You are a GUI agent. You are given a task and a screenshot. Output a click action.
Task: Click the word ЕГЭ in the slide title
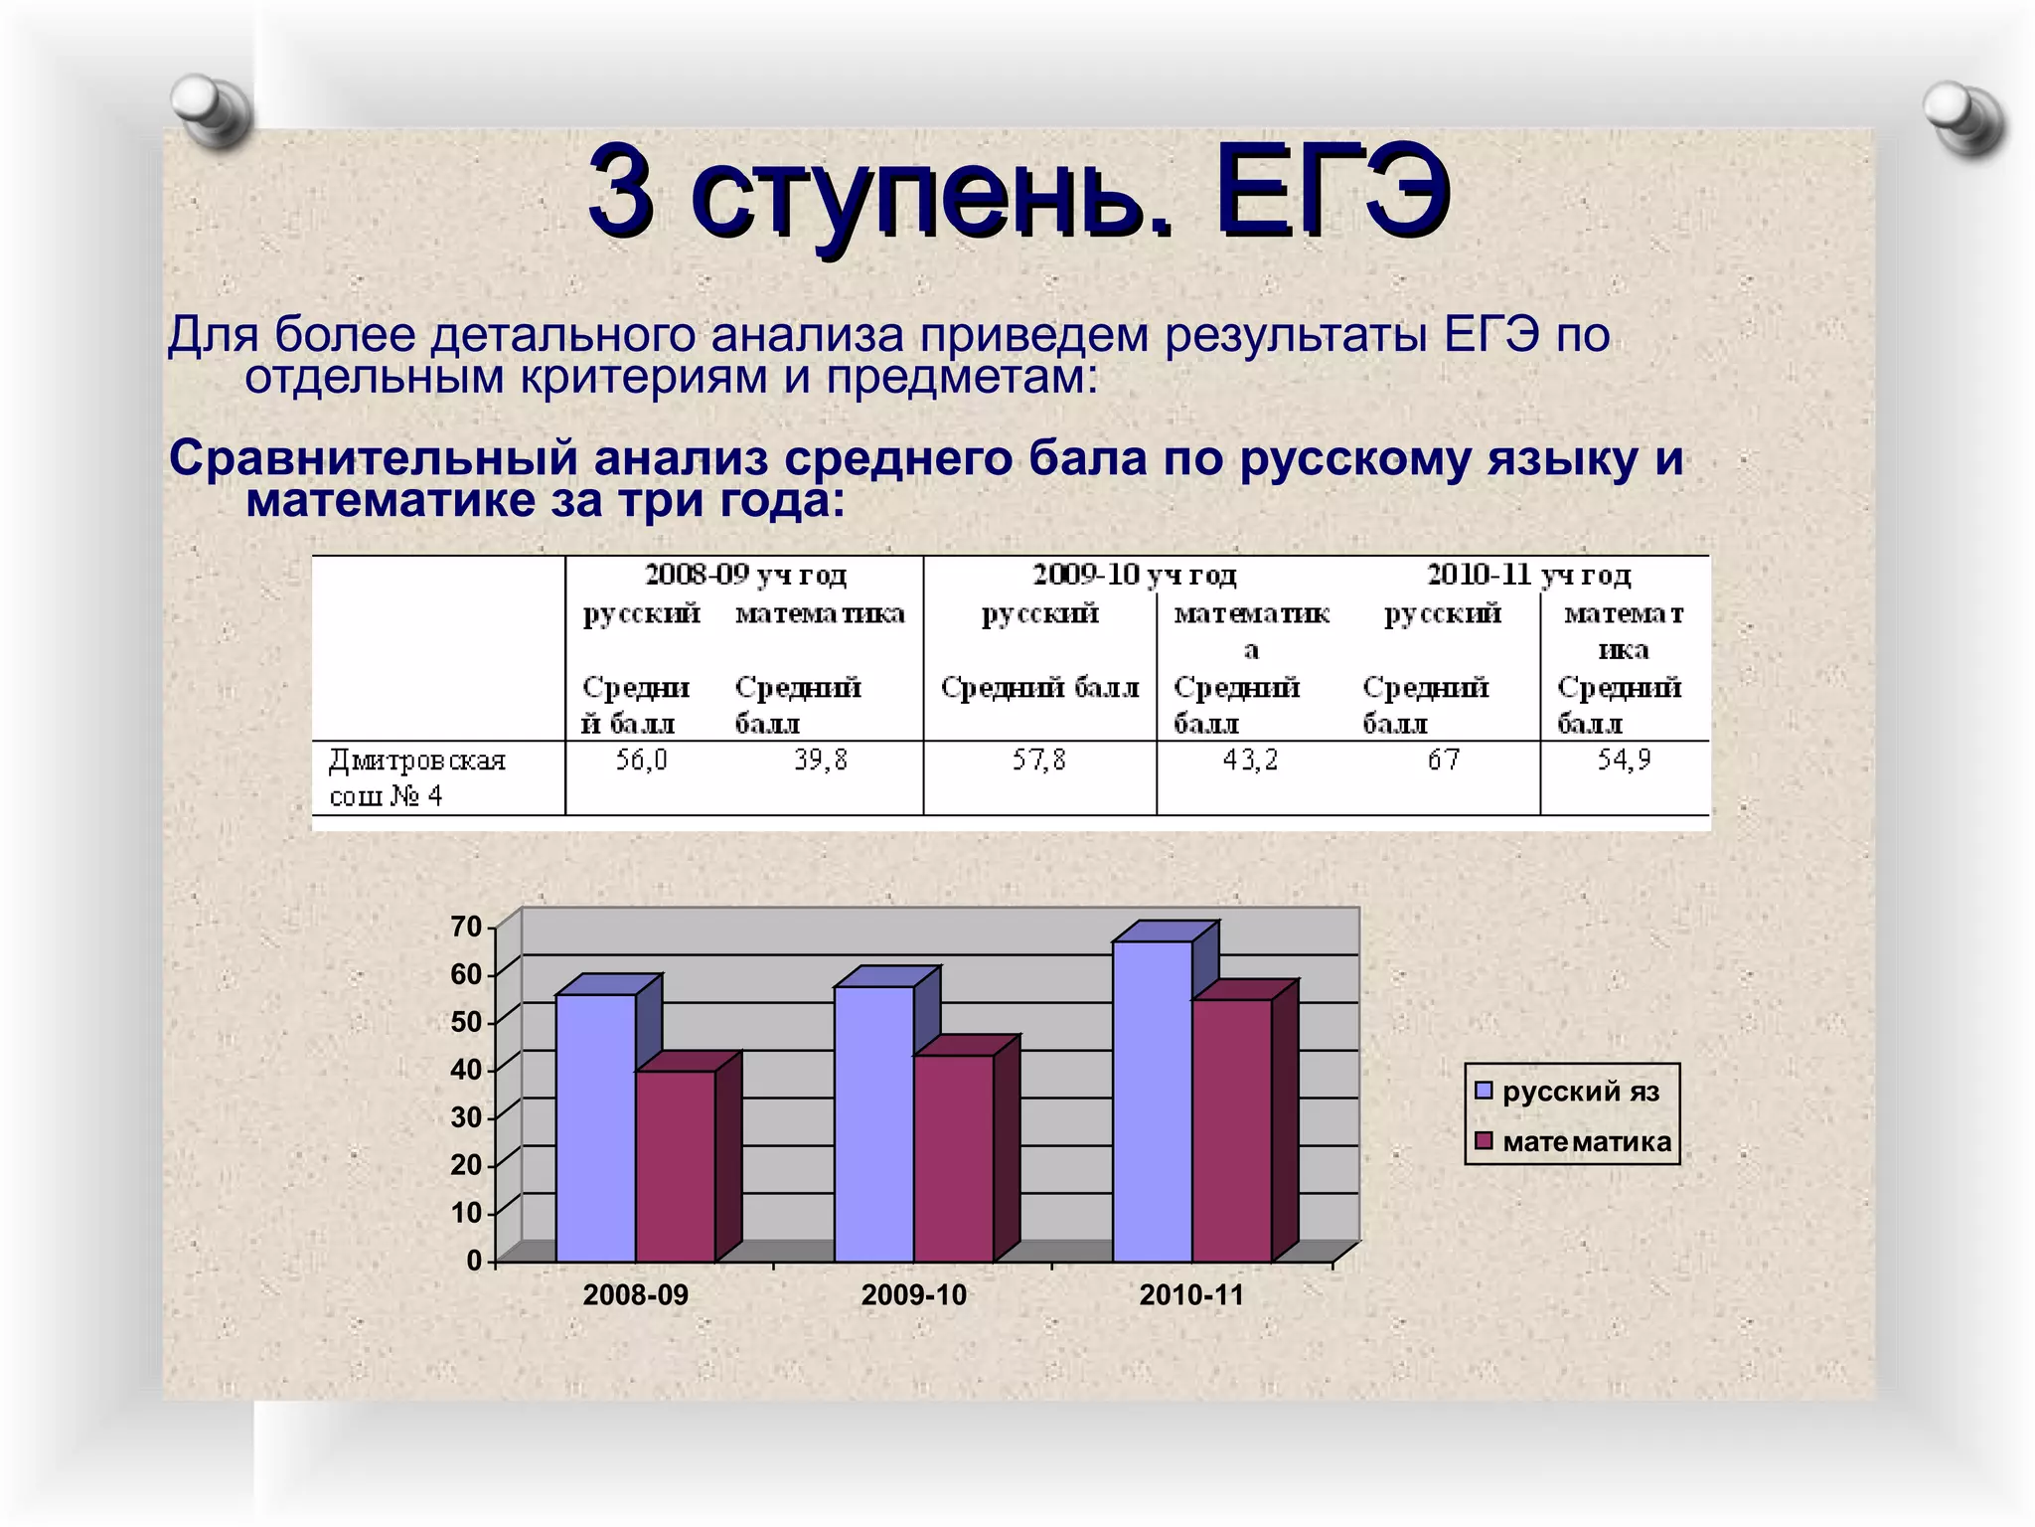click(x=1331, y=191)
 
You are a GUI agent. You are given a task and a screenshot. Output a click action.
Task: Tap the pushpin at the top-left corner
click(x=211, y=109)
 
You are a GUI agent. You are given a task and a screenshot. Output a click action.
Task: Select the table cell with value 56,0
click(x=641, y=761)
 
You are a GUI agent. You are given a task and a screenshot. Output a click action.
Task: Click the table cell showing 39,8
click(x=821, y=761)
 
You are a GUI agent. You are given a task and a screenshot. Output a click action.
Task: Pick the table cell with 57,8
click(x=1038, y=761)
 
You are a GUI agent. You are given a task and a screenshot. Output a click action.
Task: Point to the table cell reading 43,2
click(x=1250, y=761)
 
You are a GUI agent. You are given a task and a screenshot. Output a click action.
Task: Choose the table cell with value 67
click(x=1444, y=761)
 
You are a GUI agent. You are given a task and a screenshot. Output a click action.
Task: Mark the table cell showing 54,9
click(x=1624, y=761)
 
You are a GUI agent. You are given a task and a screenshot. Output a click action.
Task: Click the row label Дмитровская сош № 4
click(x=417, y=777)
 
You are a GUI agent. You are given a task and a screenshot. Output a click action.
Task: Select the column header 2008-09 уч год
click(x=745, y=575)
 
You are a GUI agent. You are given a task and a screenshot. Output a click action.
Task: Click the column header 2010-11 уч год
click(x=1528, y=575)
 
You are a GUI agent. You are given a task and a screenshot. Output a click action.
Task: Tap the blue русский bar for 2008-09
click(x=596, y=1128)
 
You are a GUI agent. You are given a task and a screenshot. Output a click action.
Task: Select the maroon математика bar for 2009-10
click(x=954, y=1158)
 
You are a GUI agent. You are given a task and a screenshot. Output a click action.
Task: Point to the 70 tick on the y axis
click(x=466, y=927)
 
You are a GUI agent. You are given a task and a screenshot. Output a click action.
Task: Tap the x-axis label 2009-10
click(x=913, y=1295)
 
